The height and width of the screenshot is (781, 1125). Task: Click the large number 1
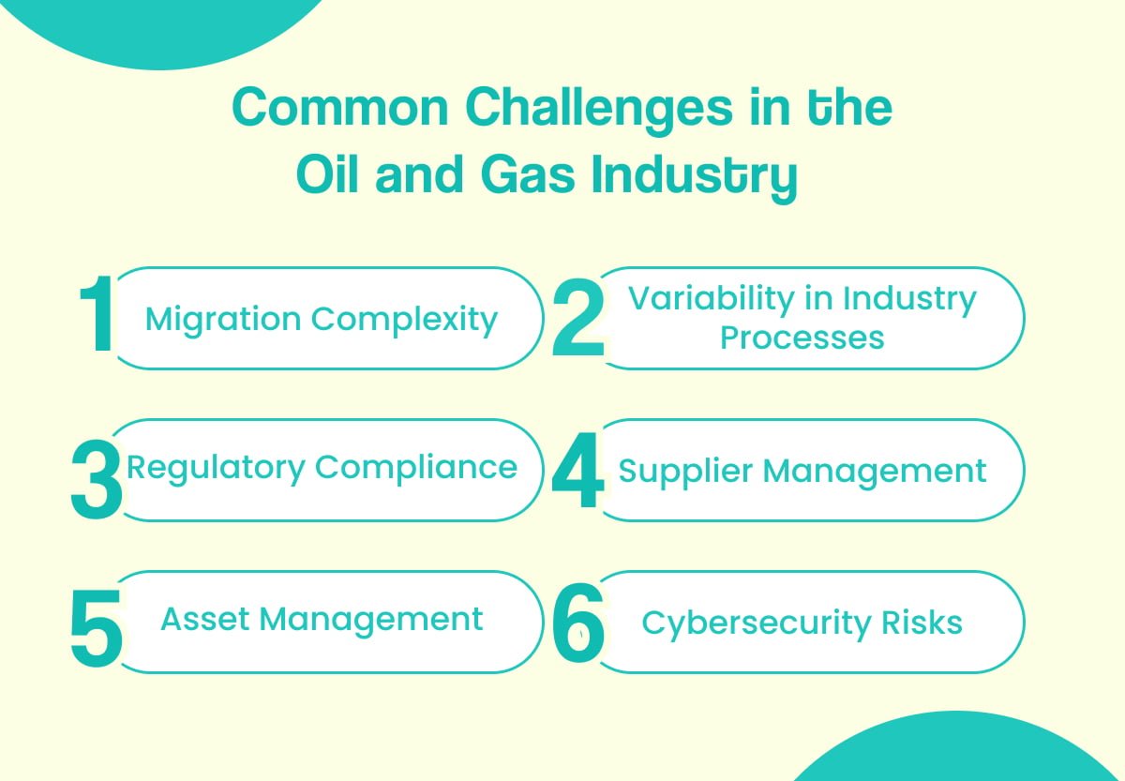(x=97, y=317)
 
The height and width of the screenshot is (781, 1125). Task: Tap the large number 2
(x=577, y=320)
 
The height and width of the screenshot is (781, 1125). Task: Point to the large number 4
(x=577, y=472)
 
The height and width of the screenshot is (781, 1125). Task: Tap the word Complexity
(x=404, y=319)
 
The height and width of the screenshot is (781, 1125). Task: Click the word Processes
(x=802, y=338)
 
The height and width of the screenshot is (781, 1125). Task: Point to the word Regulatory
(x=216, y=467)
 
